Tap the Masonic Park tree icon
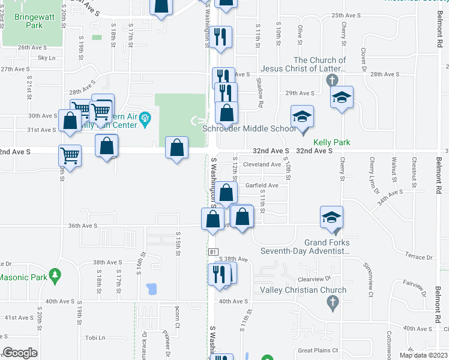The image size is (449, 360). (56, 275)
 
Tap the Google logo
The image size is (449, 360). (20, 353)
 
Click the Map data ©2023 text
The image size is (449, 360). (424, 355)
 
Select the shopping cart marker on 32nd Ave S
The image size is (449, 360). (70, 156)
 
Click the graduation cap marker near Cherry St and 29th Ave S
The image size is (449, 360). (342, 97)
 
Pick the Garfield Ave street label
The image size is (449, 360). (262, 185)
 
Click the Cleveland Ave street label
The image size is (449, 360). (262, 164)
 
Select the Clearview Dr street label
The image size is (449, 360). (315, 279)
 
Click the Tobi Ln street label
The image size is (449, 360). (95, 338)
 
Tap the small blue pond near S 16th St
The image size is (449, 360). (151, 289)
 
